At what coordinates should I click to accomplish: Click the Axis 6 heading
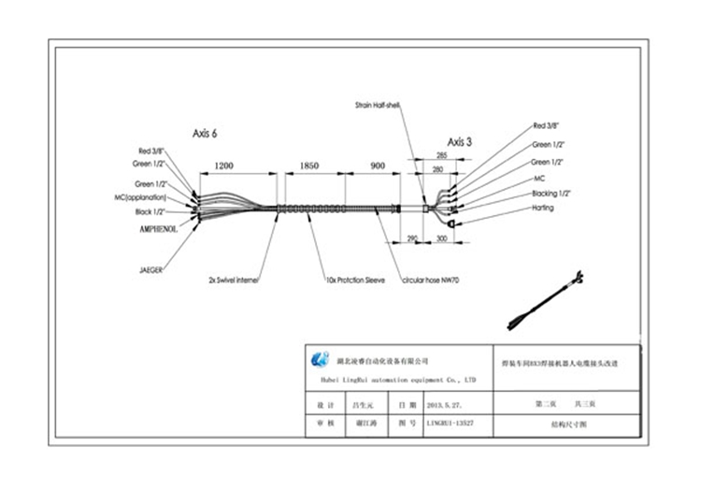(205, 134)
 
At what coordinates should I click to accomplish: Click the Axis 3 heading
(459, 142)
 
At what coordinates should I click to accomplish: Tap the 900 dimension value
(378, 166)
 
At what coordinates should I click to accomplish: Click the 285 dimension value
(441, 156)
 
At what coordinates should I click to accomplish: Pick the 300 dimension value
(441, 240)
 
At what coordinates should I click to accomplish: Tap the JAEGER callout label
(151, 269)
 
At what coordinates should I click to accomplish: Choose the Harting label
(543, 208)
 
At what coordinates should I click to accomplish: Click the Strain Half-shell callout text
(378, 106)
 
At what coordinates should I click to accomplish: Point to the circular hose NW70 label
(432, 280)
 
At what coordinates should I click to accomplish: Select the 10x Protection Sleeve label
(356, 280)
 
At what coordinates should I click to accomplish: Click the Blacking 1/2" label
(551, 193)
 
